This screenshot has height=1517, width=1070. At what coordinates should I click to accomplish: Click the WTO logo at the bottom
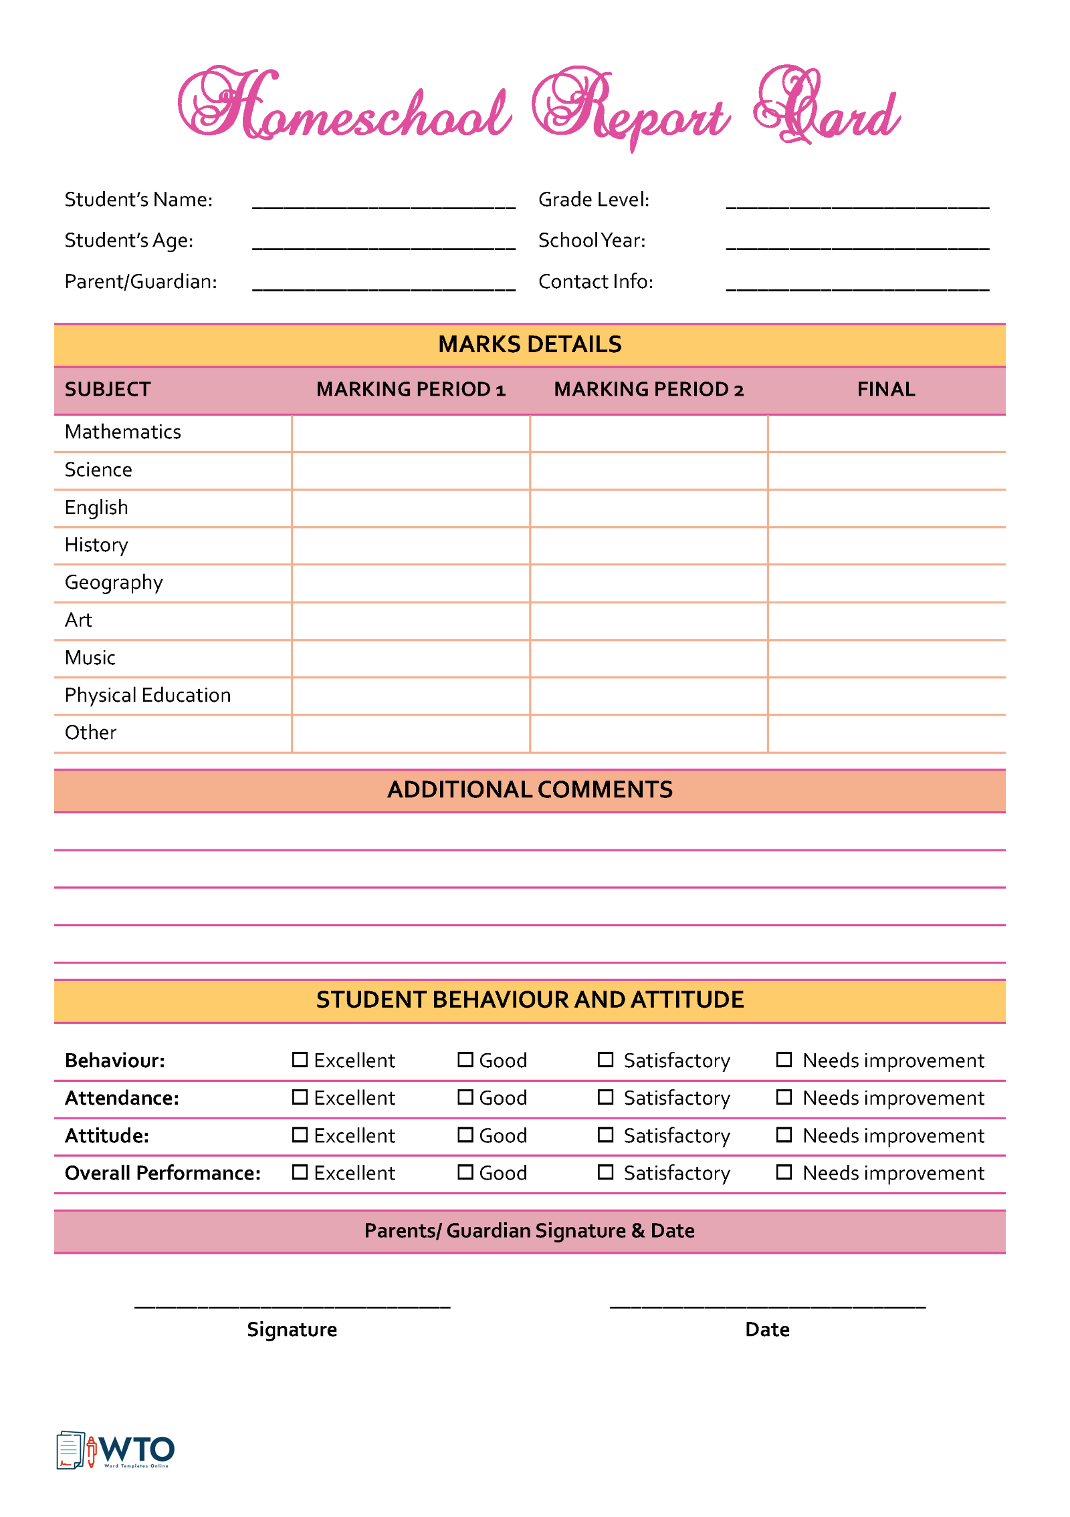(x=116, y=1450)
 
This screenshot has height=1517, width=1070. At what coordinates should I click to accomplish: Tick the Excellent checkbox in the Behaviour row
(x=300, y=1059)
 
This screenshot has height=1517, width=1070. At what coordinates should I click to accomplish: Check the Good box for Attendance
(x=465, y=1097)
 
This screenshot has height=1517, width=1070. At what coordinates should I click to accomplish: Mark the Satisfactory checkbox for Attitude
(x=605, y=1134)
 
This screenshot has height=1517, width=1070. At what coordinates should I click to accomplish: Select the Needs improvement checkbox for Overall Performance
(x=784, y=1171)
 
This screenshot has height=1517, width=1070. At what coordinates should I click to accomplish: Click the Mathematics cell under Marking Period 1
(x=411, y=433)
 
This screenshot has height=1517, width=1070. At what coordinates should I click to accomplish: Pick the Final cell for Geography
(x=886, y=583)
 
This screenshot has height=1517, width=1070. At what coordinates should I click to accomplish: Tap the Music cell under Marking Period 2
(x=648, y=658)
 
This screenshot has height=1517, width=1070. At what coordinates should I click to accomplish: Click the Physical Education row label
(x=148, y=695)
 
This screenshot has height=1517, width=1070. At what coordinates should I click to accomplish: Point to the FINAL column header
(x=886, y=389)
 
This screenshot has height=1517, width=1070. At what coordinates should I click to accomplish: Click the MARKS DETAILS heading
(x=530, y=344)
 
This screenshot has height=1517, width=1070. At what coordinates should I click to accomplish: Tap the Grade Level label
(x=594, y=199)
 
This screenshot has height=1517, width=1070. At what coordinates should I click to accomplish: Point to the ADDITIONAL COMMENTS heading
(x=530, y=789)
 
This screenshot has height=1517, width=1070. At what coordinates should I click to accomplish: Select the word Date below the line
(x=767, y=1329)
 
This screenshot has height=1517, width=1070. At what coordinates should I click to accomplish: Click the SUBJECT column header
(x=108, y=389)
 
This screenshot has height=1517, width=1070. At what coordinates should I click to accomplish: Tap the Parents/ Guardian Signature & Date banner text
(x=530, y=1230)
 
